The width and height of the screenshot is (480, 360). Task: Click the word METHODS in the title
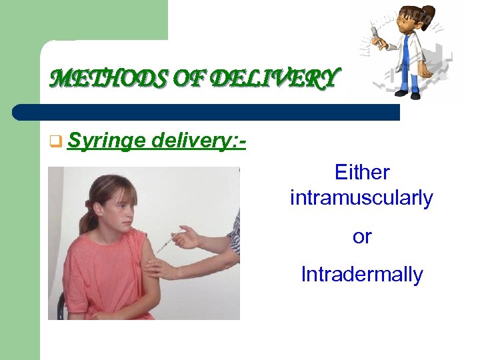coord(93,80)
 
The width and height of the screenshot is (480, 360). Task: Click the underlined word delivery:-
coord(199,141)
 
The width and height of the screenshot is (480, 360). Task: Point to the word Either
coord(361,173)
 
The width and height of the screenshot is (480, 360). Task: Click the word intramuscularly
coord(361,198)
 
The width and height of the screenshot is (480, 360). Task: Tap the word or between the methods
coord(361,236)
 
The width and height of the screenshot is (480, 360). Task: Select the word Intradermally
coord(361,274)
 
